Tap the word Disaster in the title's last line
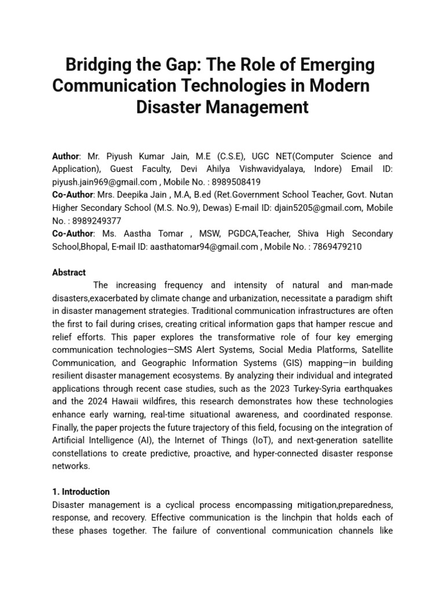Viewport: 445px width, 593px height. (x=173, y=107)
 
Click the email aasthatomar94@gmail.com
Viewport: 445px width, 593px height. (x=204, y=246)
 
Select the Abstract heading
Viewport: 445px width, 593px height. (x=69, y=272)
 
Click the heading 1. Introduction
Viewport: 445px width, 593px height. (x=81, y=492)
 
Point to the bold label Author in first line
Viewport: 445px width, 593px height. (x=65, y=156)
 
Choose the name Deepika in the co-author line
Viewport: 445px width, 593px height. (x=134, y=195)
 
